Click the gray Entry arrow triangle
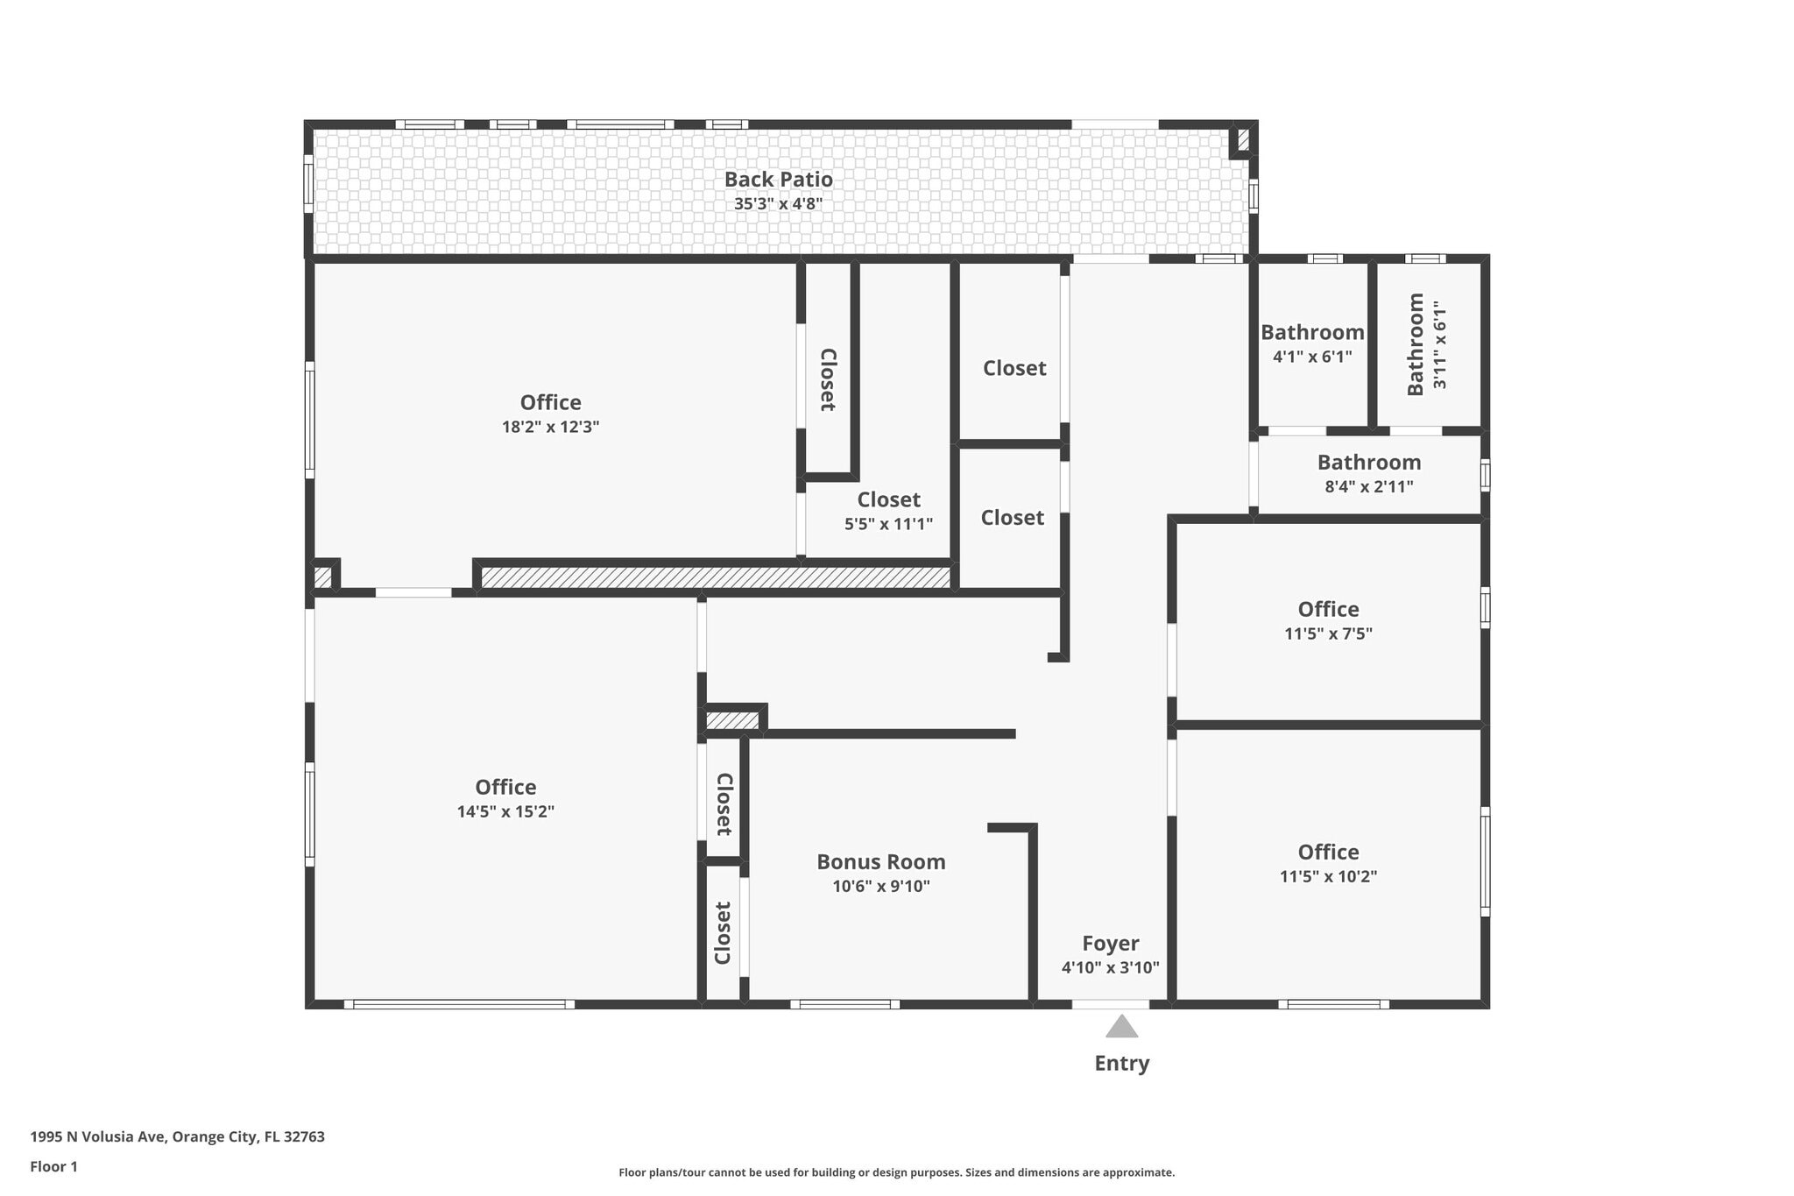(x=1121, y=1027)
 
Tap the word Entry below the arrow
(x=1121, y=1063)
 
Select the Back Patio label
(x=778, y=179)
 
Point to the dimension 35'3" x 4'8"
(x=778, y=204)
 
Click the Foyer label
(x=1110, y=943)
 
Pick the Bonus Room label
(x=880, y=861)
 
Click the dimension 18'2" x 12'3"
(x=550, y=427)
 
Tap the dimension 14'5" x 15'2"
(x=505, y=811)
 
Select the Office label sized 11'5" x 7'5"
(x=1328, y=609)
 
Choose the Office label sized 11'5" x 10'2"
(x=1328, y=852)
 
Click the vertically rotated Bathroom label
(x=1416, y=344)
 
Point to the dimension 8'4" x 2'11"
(x=1368, y=486)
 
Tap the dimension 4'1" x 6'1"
(x=1312, y=357)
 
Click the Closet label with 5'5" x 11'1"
(x=888, y=499)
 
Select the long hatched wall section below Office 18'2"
(x=715, y=577)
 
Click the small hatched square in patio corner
(x=1243, y=139)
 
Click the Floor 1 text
(x=53, y=1166)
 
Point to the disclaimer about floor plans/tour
(x=896, y=1172)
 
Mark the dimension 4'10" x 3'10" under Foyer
(x=1110, y=967)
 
